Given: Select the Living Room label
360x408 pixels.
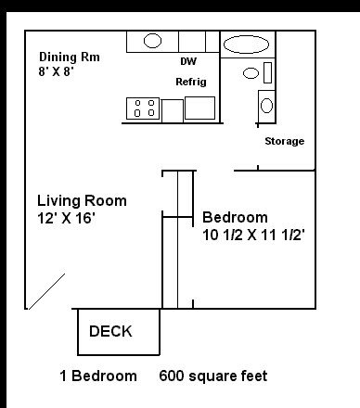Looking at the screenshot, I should (82, 201).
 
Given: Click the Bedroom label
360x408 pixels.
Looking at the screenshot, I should (235, 218).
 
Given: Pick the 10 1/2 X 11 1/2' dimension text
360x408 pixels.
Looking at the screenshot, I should (253, 235).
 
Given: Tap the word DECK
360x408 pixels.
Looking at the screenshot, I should (110, 331).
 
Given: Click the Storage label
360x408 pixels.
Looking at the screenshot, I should (284, 141).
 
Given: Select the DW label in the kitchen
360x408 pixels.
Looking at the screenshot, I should (189, 61).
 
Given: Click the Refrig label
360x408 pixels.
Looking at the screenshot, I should (191, 82).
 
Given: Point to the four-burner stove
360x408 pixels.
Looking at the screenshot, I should (144, 108).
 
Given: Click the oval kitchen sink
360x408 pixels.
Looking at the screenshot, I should (152, 41).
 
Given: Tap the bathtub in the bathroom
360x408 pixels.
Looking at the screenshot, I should (246, 45).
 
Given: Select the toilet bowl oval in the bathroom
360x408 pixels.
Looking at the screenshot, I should (251, 73).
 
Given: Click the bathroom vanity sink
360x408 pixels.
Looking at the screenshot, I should (266, 106).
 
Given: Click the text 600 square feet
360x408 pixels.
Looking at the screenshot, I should (213, 376).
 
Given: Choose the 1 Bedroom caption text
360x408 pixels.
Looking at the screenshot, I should (98, 376).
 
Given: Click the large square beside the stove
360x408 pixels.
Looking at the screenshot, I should (199, 108).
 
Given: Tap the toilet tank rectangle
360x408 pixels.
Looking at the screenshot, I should (268, 73).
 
